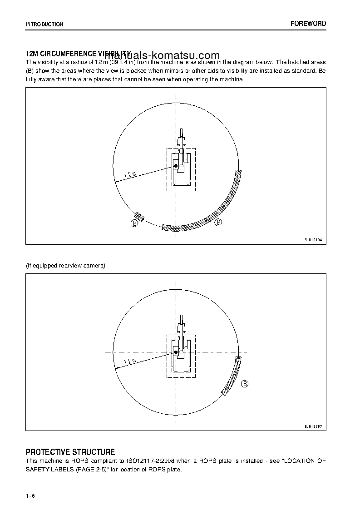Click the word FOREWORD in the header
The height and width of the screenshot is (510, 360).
click(308, 24)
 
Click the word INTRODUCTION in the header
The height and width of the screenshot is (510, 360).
click(44, 25)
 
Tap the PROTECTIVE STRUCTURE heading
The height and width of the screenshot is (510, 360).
click(70, 452)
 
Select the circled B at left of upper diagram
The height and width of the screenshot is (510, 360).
click(135, 223)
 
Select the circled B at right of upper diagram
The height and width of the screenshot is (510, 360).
click(218, 223)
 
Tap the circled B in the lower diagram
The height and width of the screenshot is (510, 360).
click(245, 384)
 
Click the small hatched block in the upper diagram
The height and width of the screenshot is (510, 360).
click(139, 217)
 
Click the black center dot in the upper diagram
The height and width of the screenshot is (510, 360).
click(176, 166)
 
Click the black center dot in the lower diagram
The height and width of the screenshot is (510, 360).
click(176, 352)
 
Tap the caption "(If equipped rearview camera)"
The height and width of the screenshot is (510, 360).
click(65, 266)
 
